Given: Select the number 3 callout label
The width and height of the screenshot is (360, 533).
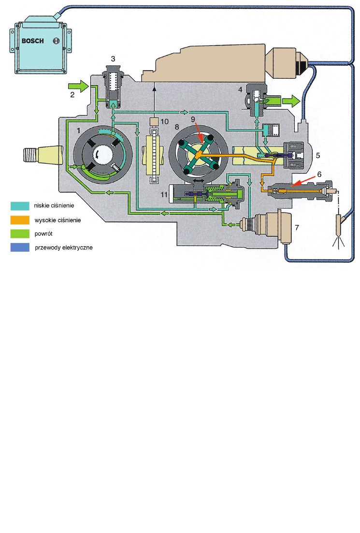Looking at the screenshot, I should (x=113, y=58).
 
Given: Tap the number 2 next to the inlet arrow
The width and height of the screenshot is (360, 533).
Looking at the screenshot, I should (x=72, y=95).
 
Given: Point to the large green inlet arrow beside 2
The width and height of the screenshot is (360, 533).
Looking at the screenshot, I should (x=81, y=86).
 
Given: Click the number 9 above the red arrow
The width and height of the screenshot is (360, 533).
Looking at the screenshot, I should (x=192, y=118).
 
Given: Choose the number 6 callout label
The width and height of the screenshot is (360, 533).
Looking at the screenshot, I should (x=318, y=173).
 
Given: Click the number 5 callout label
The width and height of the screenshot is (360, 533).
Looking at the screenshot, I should (x=317, y=156).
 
